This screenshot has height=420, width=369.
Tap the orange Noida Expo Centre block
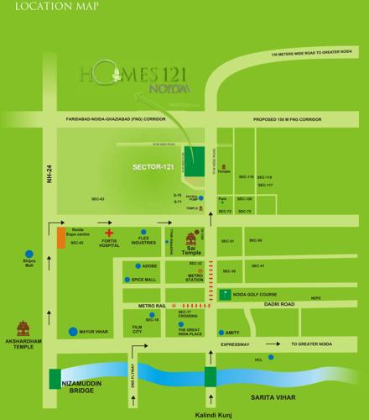coord(61,238)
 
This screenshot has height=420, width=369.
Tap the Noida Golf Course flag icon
coord(224,294)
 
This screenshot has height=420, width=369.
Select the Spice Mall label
coord(144,279)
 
